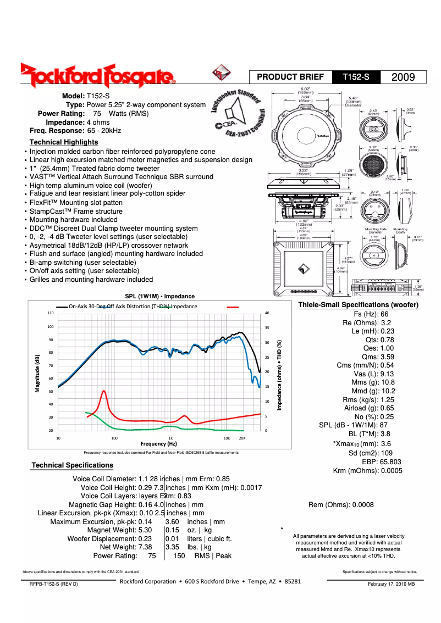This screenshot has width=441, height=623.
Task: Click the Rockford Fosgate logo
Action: click(98, 76)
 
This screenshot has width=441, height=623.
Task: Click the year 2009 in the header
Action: click(403, 77)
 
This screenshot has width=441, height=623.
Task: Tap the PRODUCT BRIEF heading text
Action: click(290, 77)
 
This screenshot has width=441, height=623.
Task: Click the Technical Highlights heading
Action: click(64, 142)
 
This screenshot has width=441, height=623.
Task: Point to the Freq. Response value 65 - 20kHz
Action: click(104, 131)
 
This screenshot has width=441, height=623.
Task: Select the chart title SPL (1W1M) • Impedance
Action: click(156, 296)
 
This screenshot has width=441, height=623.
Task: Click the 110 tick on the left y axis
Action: click(51, 313)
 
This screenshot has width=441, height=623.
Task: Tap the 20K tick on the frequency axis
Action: click(242, 438)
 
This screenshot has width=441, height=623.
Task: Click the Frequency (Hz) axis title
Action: click(158, 443)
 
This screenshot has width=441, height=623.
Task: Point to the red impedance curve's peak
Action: click(103, 391)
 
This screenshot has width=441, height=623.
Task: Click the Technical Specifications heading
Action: click(72, 465)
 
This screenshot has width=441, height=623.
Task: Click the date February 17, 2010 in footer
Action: click(391, 583)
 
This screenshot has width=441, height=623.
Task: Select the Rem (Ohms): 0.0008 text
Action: click(341, 505)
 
